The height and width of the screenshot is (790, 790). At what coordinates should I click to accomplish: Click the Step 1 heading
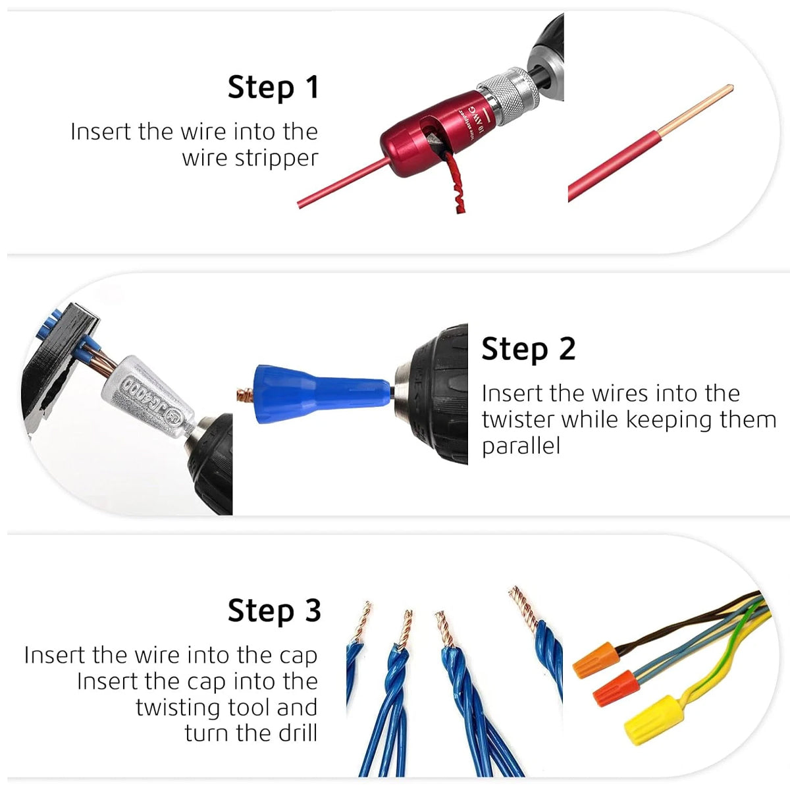pyautogui.click(x=273, y=87)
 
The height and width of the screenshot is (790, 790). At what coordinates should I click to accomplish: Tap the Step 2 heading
pyautogui.click(x=528, y=348)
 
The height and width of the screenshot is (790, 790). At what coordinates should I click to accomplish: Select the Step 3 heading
pyautogui.click(x=274, y=610)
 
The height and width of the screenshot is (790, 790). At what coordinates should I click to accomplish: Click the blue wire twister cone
pyautogui.click(x=316, y=392)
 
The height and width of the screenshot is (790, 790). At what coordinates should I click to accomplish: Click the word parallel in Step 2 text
pyautogui.click(x=520, y=446)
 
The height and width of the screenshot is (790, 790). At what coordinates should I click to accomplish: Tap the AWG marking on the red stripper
pyautogui.click(x=475, y=113)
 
